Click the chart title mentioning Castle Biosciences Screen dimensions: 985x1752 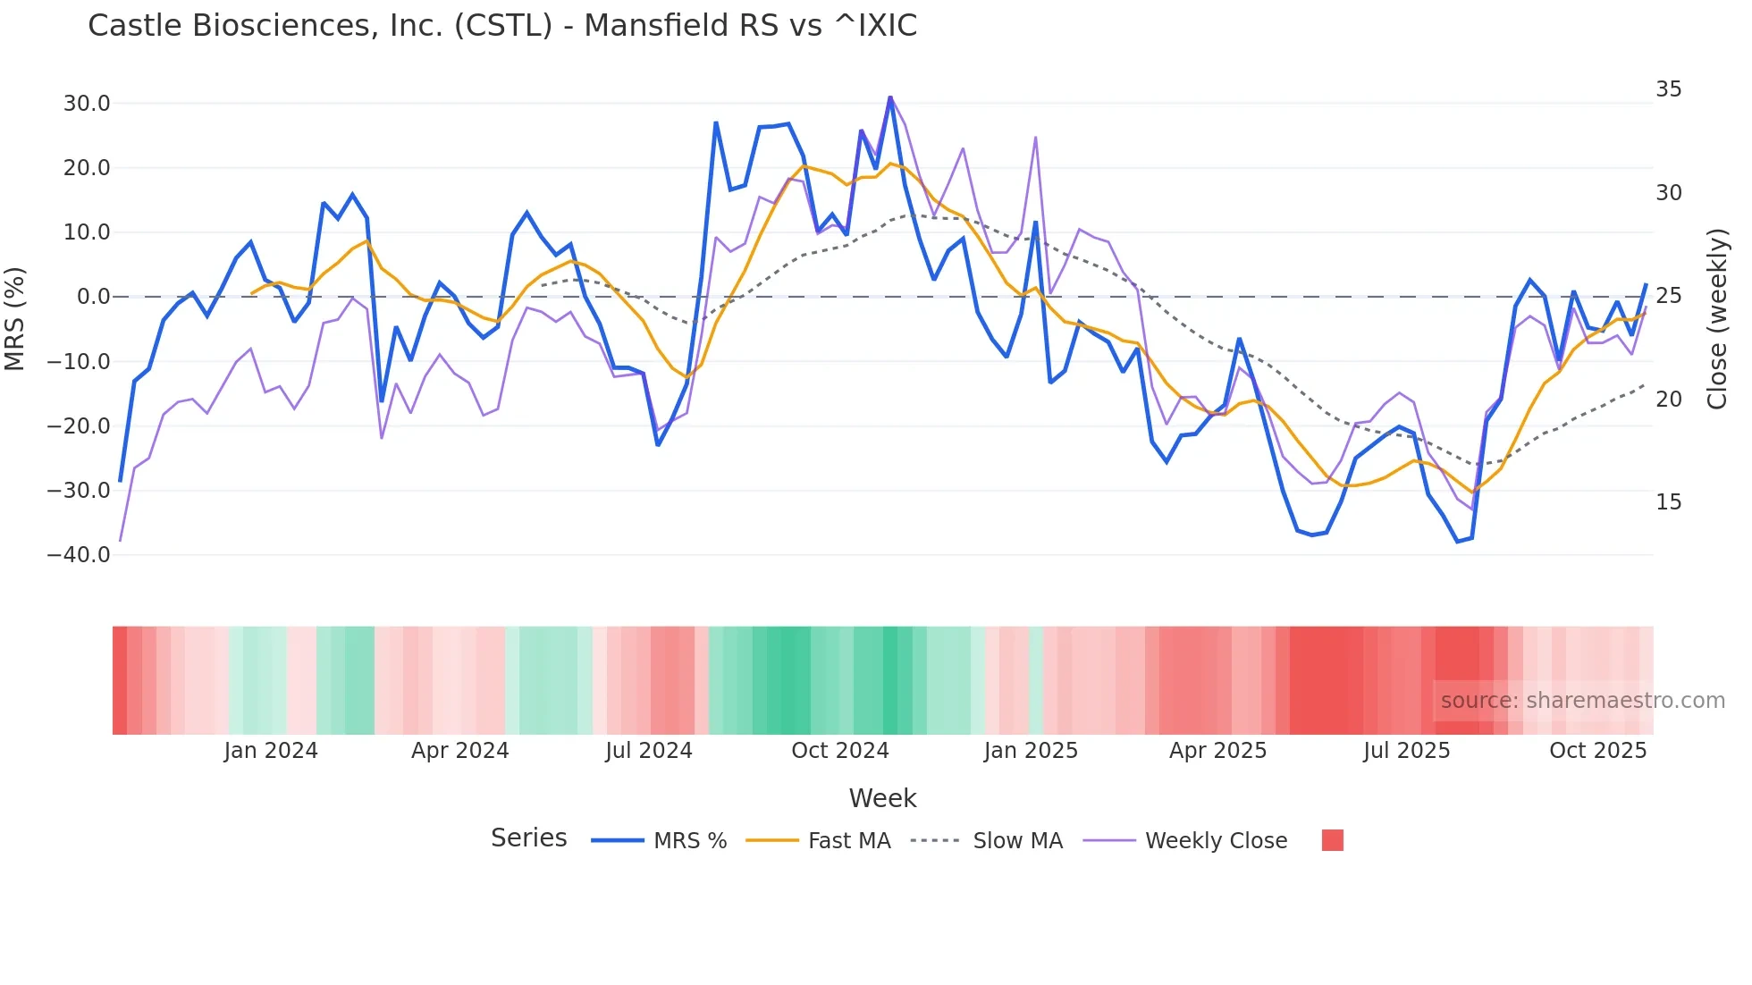(502, 26)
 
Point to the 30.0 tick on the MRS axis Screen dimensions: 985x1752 (87, 104)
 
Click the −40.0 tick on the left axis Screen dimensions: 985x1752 (79, 555)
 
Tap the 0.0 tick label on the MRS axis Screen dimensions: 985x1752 (93, 297)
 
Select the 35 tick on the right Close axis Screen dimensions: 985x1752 (1668, 89)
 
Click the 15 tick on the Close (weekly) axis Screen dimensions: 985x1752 (1668, 502)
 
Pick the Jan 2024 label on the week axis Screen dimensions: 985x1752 (271, 751)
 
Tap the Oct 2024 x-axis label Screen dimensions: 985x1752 (839, 751)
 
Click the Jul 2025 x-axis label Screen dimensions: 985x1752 (1406, 751)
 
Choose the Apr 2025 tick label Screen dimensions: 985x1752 (1217, 751)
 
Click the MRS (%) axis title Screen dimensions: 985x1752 (15, 318)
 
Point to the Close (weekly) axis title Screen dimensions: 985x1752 (1717, 319)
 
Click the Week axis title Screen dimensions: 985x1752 (882, 798)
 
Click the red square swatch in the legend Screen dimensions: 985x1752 (1332, 840)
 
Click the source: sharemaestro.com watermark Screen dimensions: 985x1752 (1582, 701)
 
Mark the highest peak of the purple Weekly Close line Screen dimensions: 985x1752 (890, 97)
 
